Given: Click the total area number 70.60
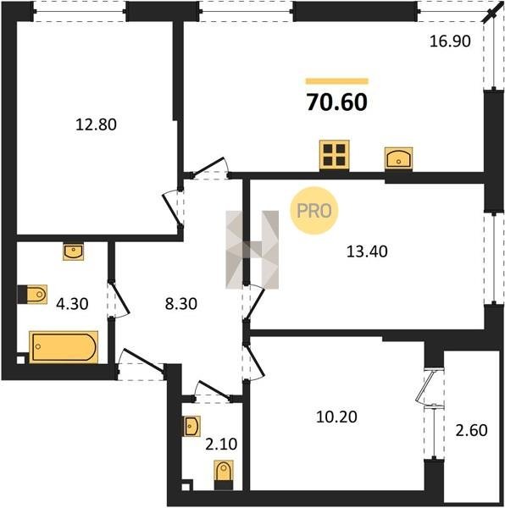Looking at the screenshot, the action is click(336, 102).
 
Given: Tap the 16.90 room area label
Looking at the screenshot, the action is click(450, 41).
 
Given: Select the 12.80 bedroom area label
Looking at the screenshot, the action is click(96, 124).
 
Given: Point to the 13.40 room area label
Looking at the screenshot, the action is click(367, 251).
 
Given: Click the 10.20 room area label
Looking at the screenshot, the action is click(336, 417).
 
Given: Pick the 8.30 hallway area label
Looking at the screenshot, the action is click(180, 304).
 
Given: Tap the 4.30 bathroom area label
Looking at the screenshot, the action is click(72, 304).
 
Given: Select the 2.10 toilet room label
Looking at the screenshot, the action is click(221, 444).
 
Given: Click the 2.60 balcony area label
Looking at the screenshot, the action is click(471, 430).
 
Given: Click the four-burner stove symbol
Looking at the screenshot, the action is click(334, 155).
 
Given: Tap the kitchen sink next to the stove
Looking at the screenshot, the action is click(399, 158).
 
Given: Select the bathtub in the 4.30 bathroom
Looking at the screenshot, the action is click(64, 346).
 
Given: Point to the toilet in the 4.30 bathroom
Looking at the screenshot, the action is click(32, 295).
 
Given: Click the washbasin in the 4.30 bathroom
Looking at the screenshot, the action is click(74, 251).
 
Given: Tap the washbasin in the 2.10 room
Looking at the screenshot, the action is click(191, 426).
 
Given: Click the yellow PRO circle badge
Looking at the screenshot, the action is click(314, 211).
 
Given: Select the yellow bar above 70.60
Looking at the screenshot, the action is click(337, 81).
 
